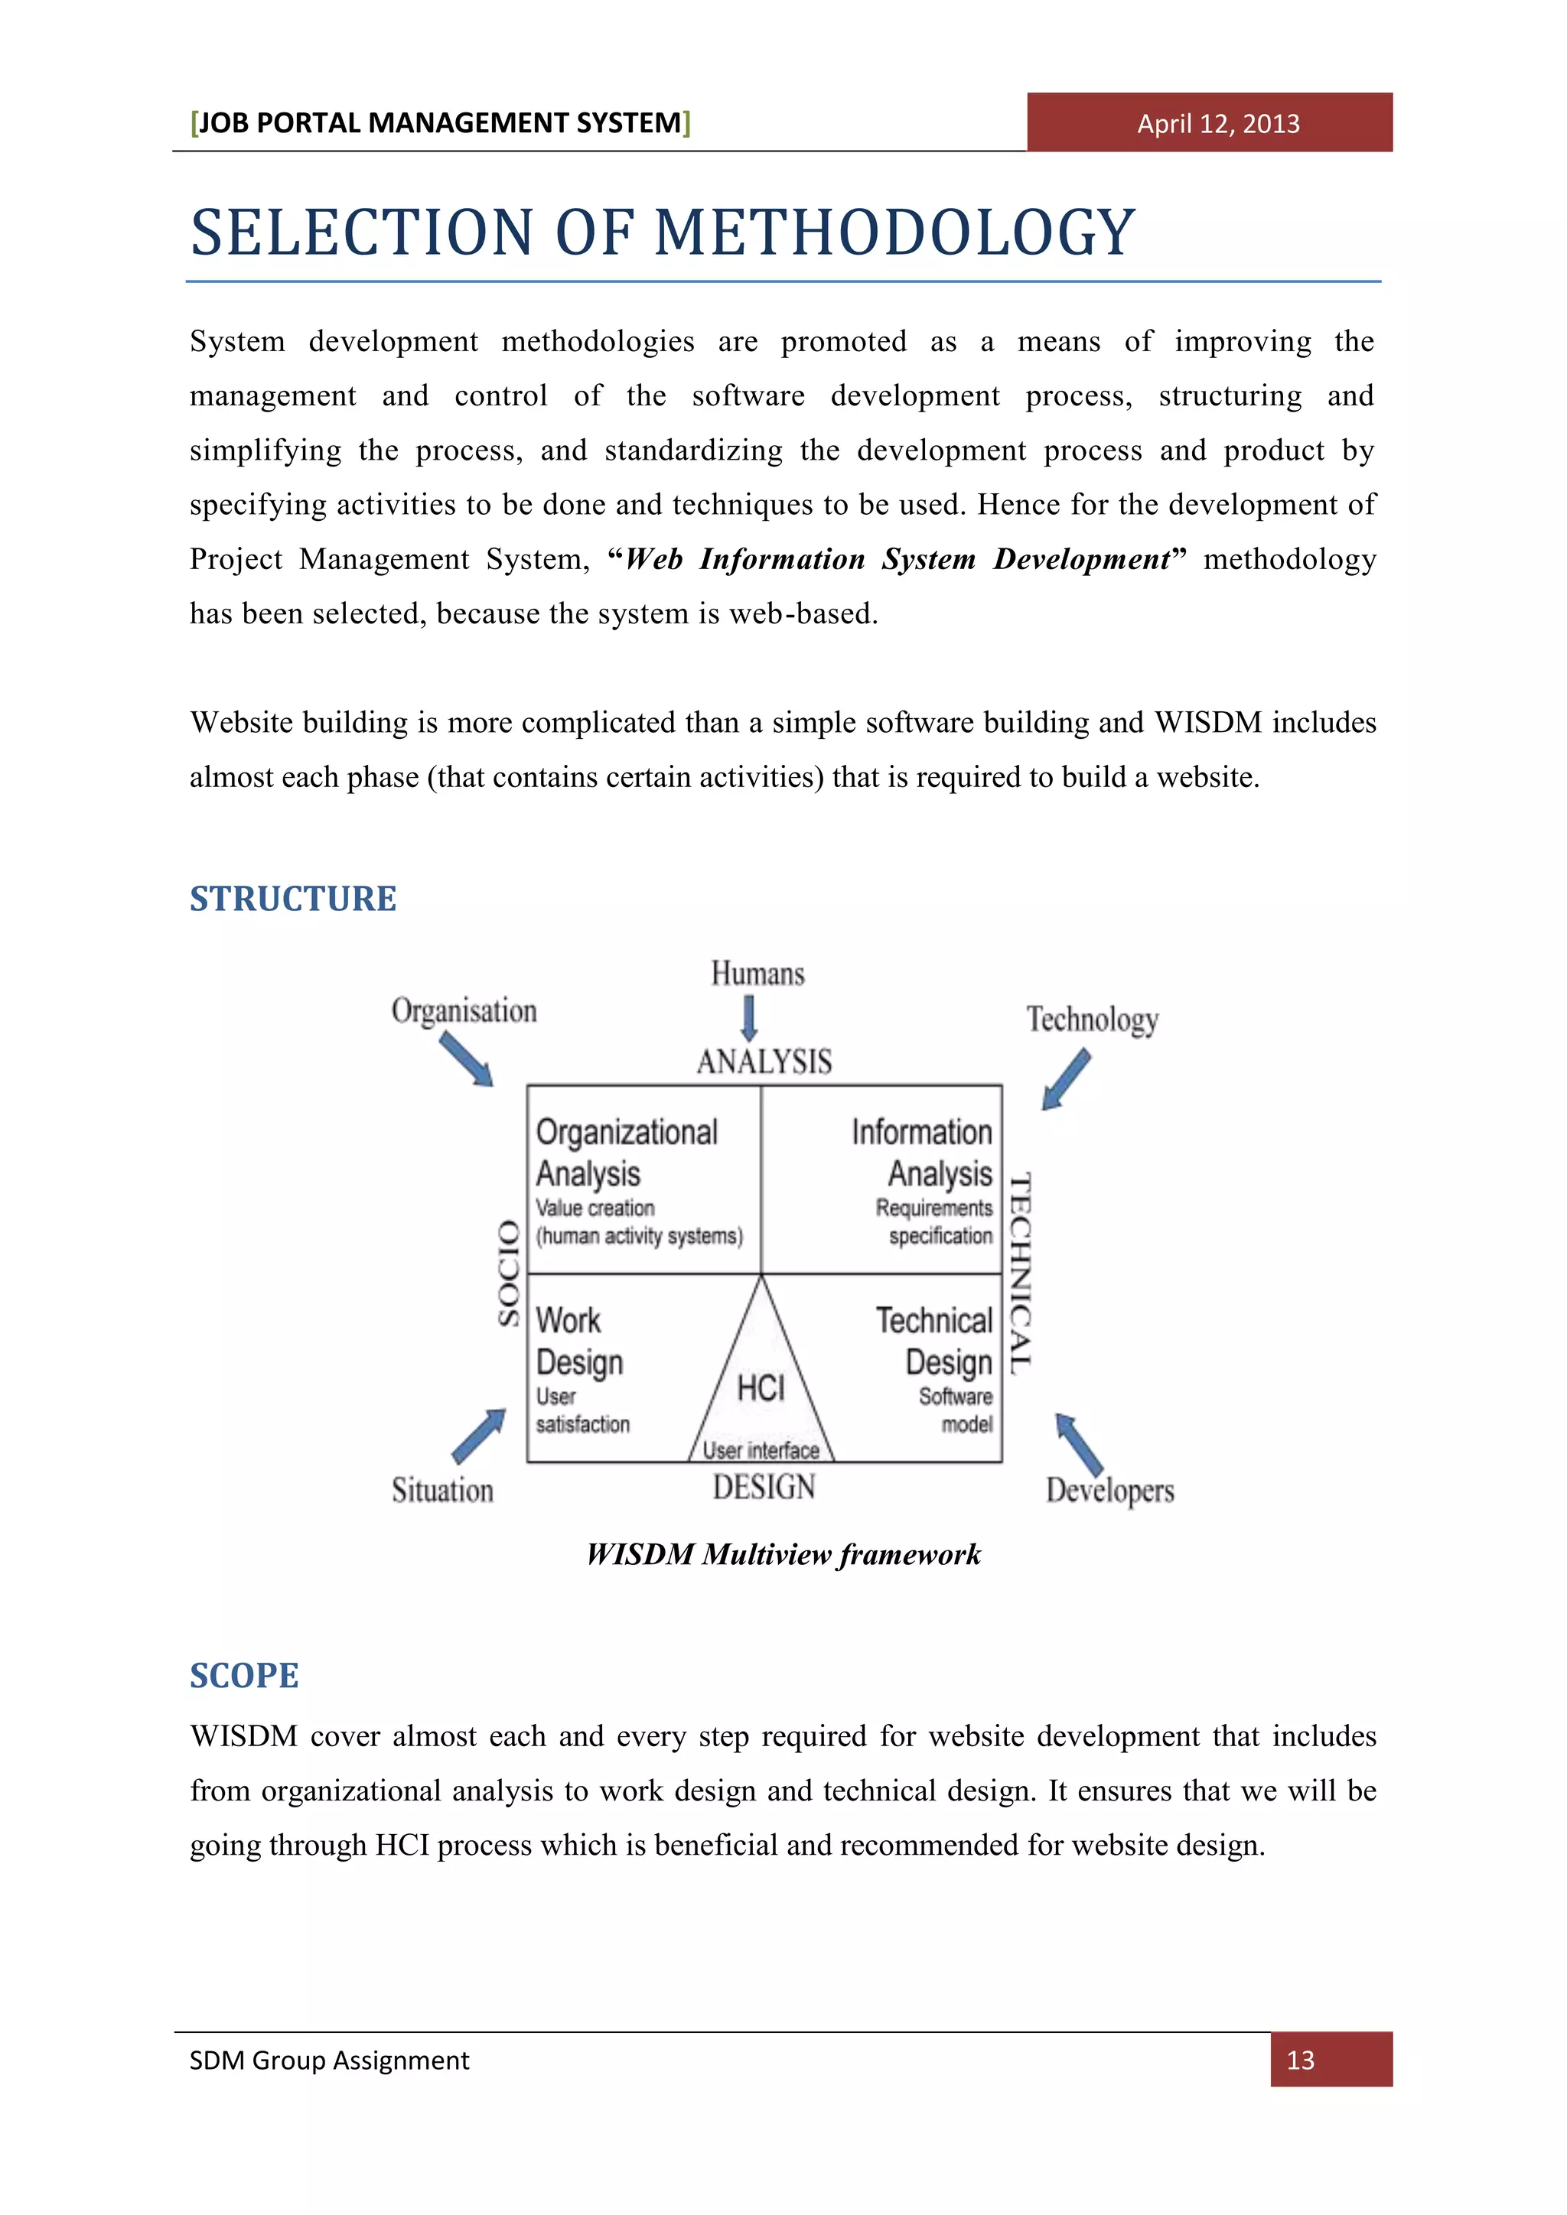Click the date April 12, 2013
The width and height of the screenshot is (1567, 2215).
pyautogui.click(x=1217, y=123)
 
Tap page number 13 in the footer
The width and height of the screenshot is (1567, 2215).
pyautogui.click(x=1300, y=2060)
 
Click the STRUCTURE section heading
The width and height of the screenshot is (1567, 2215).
pyautogui.click(x=292, y=898)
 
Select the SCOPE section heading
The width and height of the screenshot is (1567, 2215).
pyautogui.click(x=244, y=1676)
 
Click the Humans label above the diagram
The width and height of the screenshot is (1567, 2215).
pyautogui.click(x=757, y=974)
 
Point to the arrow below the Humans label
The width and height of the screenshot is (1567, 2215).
pyautogui.click(x=749, y=1018)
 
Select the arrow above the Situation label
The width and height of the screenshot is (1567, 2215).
pyautogui.click(x=478, y=1436)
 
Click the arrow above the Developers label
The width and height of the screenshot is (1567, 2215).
pyautogui.click(x=1079, y=1444)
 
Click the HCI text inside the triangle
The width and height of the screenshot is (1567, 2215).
pyautogui.click(x=761, y=1388)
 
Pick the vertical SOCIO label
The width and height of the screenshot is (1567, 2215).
pyautogui.click(x=509, y=1273)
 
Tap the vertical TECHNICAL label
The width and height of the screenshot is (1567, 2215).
pyautogui.click(x=1020, y=1273)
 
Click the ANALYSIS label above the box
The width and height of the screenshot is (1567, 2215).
pyautogui.click(x=764, y=1062)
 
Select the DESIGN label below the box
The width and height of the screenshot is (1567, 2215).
pyautogui.click(x=764, y=1487)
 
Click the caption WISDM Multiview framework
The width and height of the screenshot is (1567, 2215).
pyautogui.click(x=783, y=1554)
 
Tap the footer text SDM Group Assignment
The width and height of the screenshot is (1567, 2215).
pyautogui.click(x=329, y=2060)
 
